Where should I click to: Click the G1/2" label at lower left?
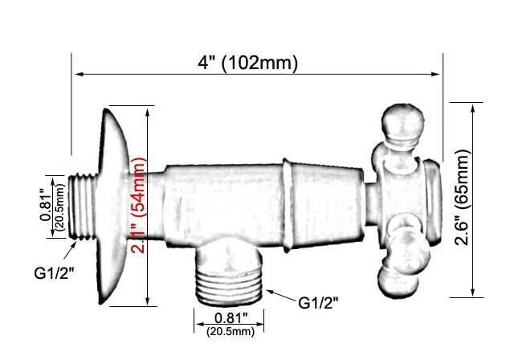point(55,272)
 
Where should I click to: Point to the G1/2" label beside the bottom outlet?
point(318,302)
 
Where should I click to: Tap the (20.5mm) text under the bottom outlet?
point(230,330)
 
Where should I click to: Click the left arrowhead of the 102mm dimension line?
point(78,76)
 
